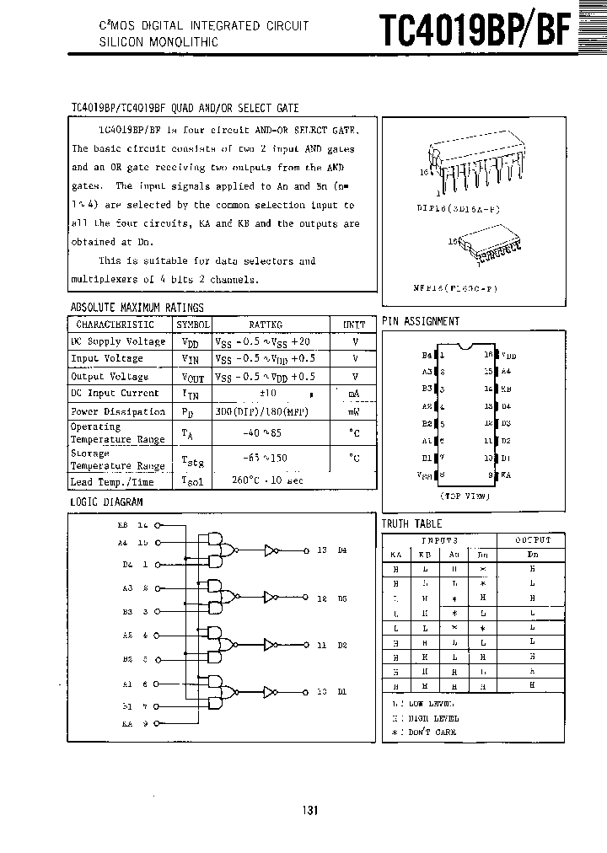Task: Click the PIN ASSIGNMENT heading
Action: pos(421,321)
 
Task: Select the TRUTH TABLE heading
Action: pos(411,524)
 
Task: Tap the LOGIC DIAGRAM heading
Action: pos(106,502)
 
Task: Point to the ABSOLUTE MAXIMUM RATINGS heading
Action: pos(137,308)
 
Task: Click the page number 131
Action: pos(309,811)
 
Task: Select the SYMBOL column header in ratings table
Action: pos(193,325)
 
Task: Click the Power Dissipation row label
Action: pos(118,411)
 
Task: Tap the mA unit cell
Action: pos(354,394)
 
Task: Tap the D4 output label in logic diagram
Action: pos(341,550)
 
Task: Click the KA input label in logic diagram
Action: pos(126,723)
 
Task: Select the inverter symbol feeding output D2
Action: pos(270,645)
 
